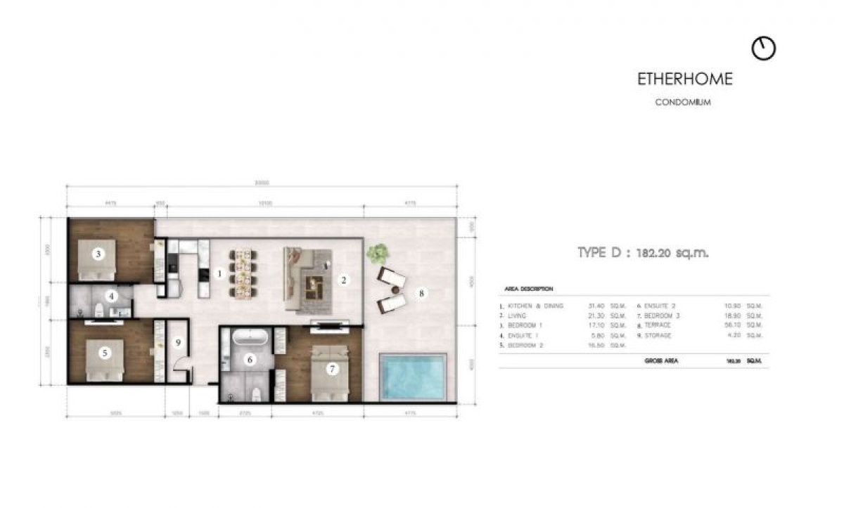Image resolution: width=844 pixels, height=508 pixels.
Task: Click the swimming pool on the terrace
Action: (x=413, y=377)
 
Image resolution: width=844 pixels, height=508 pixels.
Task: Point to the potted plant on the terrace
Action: (x=379, y=253)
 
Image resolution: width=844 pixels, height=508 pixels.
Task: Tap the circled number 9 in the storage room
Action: (x=179, y=343)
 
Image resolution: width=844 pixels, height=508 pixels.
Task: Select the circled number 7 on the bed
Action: (x=333, y=367)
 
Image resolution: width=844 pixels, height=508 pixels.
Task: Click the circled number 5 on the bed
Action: (x=105, y=353)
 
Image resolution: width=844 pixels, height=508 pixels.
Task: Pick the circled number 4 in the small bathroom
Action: (x=111, y=297)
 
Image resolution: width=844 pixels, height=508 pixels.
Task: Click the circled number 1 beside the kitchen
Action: (x=219, y=273)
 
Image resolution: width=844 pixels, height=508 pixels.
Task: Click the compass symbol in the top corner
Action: (x=763, y=48)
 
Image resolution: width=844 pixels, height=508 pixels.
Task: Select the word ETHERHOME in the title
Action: (x=684, y=79)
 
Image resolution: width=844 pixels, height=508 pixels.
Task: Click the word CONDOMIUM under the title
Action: (x=683, y=103)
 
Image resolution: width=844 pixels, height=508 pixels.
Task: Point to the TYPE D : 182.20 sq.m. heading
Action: (x=643, y=253)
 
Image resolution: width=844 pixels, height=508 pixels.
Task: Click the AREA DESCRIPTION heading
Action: (x=529, y=289)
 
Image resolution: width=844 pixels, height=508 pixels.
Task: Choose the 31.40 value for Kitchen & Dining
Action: (x=597, y=306)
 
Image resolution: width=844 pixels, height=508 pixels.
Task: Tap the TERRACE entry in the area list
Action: (x=658, y=325)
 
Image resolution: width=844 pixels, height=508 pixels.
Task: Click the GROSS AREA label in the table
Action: (x=661, y=360)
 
